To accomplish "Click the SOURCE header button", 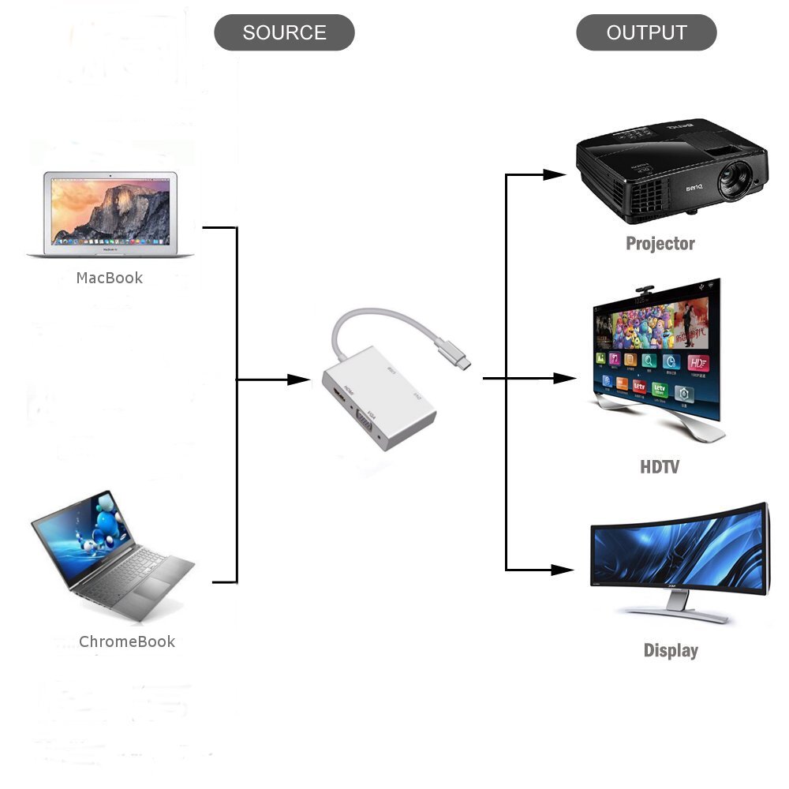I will (x=284, y=33).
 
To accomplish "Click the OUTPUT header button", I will (x=646, y=33).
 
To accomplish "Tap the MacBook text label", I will (x=110, y=278).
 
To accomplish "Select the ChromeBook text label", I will (x=127, y=641).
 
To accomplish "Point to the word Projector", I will (x=660, y=243).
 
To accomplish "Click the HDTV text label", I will (x=659, y=466).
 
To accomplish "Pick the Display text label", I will (x=671, y=650).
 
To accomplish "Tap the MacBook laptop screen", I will (x=110, y=211).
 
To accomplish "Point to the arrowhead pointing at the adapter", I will (x=299, y=380).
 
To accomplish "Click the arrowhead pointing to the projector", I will (x=555, y=174).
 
